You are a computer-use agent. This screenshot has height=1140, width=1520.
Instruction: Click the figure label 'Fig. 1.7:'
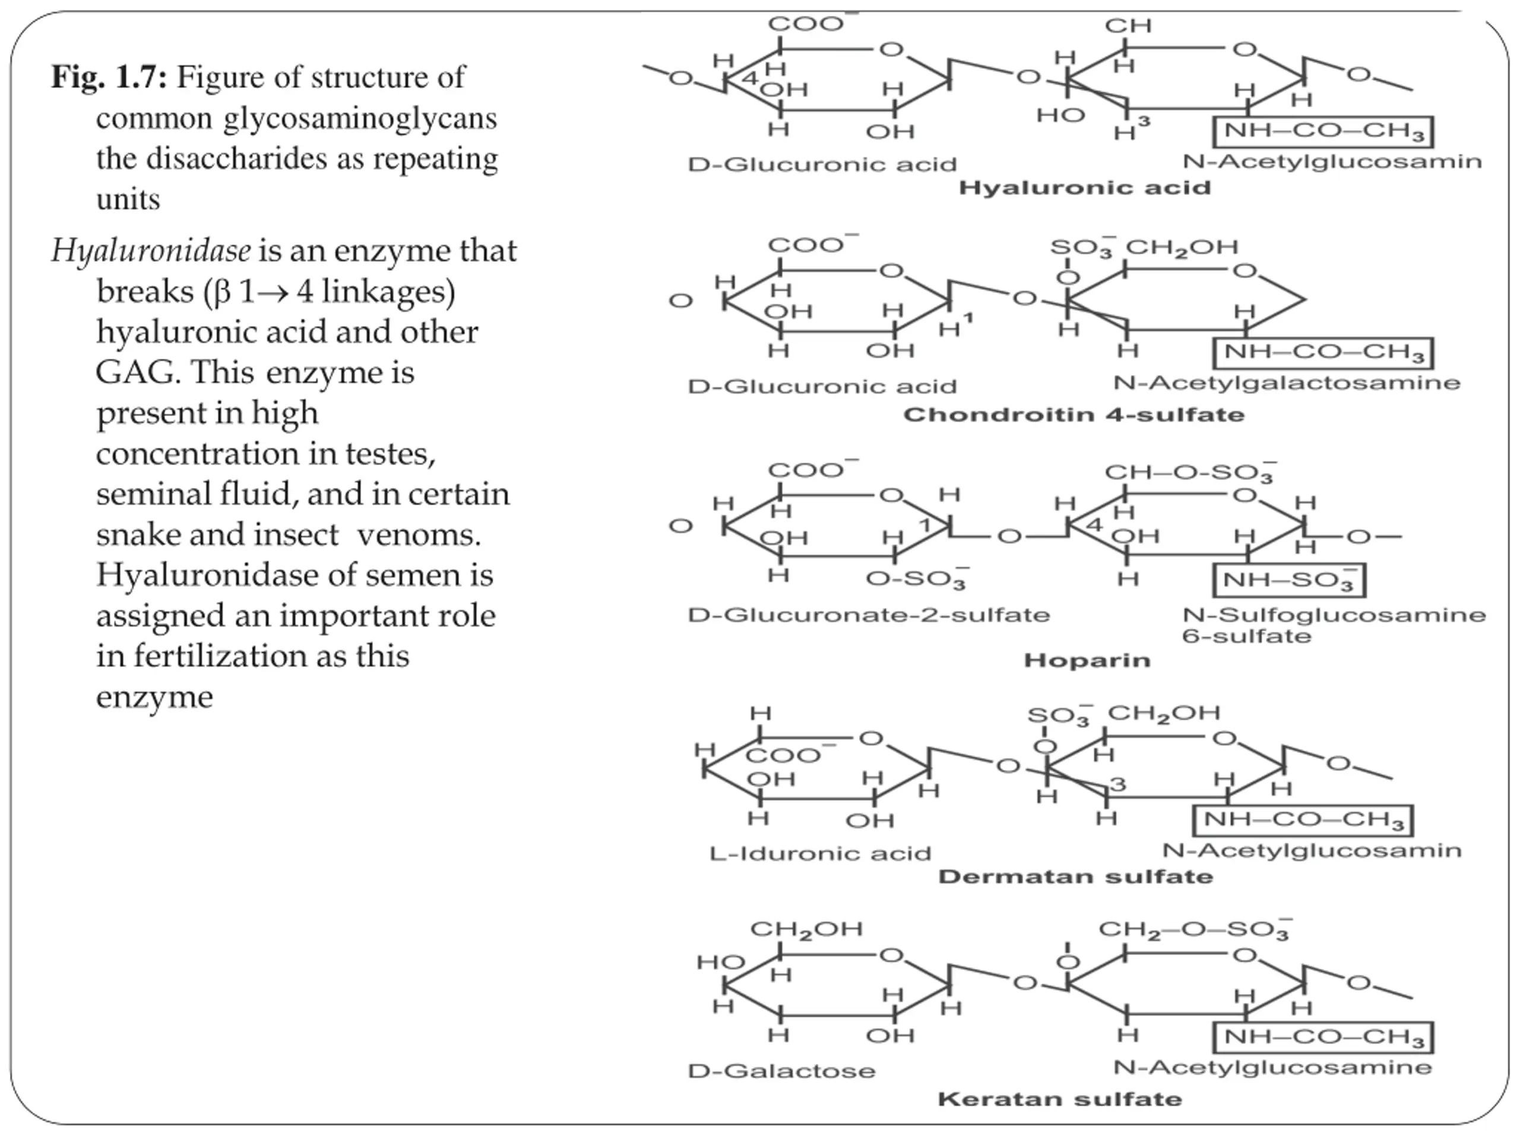109,77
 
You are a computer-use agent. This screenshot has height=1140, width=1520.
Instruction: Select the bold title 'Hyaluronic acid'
1084,188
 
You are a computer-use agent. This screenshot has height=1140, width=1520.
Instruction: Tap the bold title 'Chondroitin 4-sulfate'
1073,415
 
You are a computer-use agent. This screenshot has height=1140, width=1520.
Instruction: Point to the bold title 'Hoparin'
1087,660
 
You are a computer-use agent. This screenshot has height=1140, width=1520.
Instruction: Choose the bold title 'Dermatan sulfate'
1075,877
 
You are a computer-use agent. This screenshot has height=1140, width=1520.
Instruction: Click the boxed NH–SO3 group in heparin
1288,581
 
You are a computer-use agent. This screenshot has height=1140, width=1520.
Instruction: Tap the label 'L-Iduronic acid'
820,853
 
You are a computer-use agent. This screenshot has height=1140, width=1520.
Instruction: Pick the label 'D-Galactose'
781,1071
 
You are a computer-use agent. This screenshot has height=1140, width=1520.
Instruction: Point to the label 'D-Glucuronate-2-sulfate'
869,615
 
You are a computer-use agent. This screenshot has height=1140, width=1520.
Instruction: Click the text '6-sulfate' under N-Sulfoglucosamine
1246,636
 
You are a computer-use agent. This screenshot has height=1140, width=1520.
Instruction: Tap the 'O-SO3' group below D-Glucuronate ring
917,579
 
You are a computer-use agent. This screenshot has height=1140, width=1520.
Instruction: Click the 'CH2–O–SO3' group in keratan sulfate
1194,930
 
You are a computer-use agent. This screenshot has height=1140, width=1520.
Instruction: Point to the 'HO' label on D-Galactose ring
720,961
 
